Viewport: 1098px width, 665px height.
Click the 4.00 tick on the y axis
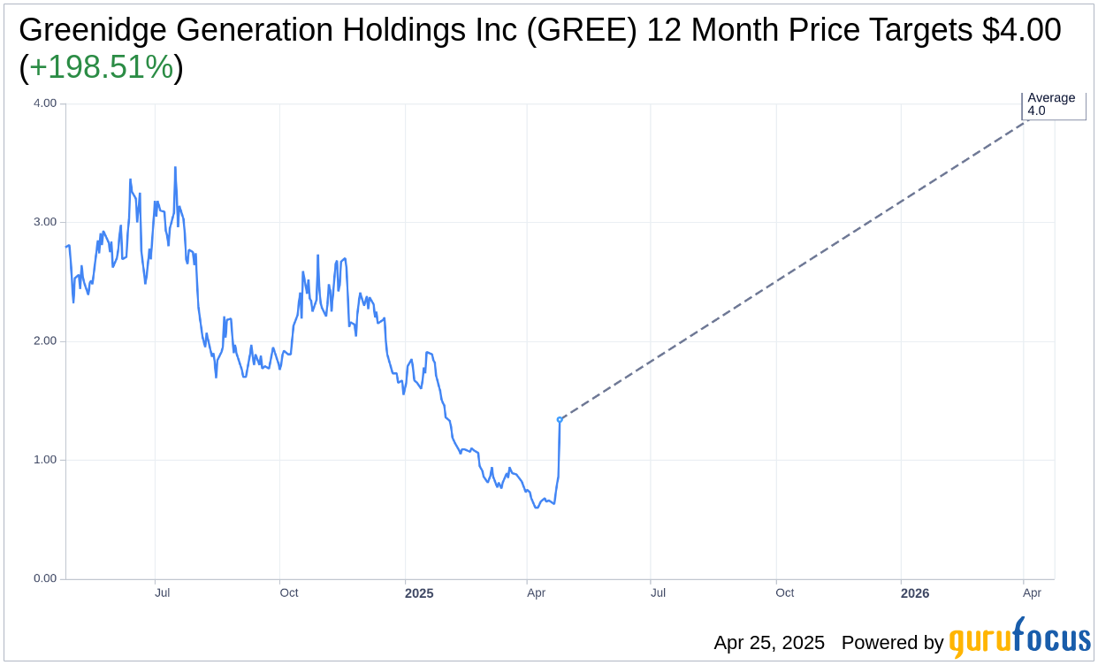(44, 103)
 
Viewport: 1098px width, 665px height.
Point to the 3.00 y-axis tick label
(44, 222)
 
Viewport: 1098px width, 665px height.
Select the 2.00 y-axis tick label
(44, 341)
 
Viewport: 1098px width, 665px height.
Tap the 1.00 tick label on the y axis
(44, 460)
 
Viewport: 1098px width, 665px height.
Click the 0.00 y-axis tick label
(44, 579)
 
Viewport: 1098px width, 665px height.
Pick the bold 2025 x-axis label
(419, 593)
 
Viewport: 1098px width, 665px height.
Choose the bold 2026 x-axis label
(915, 593)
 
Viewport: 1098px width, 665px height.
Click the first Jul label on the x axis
(163, 593)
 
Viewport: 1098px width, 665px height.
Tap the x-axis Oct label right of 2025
(785, 593)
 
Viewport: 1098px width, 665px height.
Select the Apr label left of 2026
(536, 593)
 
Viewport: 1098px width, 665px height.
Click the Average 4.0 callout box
(1053, 104)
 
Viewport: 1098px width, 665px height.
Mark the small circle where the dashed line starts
(560, 419)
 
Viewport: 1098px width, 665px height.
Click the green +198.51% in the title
(101, 67)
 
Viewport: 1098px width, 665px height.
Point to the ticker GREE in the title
(586, 30)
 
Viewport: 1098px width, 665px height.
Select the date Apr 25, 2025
(769, 643)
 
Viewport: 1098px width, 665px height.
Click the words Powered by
(892, 643)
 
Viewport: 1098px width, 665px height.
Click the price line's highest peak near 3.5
(175, 167)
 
